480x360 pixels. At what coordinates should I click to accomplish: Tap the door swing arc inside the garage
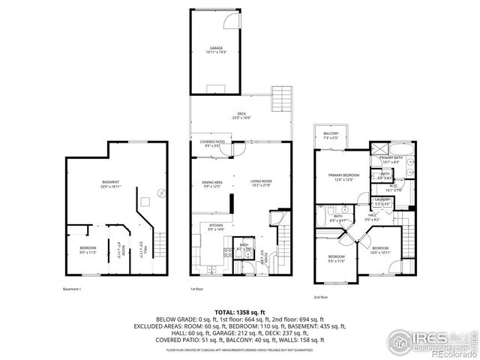[235, 21]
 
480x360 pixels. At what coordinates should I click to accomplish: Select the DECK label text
[239, 116]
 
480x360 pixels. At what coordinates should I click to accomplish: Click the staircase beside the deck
[282, 99]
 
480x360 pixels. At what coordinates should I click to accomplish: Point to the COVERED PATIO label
[212, 143]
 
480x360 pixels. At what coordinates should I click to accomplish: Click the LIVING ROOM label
[261, 182]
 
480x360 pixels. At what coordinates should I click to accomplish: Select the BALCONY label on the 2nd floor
[331, 135]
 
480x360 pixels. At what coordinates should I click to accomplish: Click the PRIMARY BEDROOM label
[343, 177]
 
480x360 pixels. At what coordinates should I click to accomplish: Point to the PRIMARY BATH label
[391, 159]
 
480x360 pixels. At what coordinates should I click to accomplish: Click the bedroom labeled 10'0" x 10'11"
[380, 249]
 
